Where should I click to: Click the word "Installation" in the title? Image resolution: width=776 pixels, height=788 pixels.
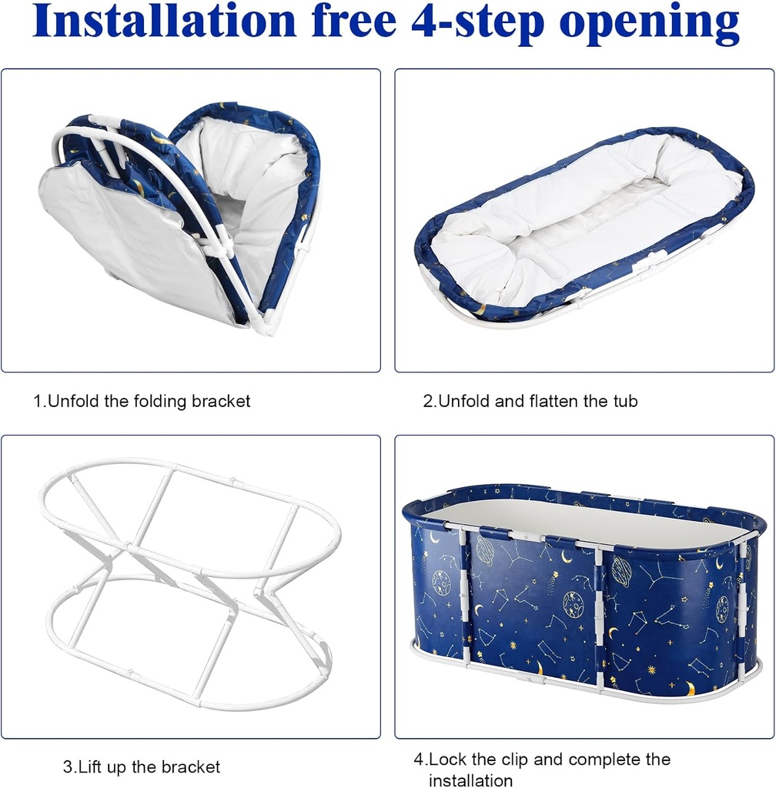(x=164, y=20)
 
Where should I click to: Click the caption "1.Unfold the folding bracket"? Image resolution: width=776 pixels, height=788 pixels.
(x=142, y=401)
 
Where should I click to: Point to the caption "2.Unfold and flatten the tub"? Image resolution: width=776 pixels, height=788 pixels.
(x=530, y=401)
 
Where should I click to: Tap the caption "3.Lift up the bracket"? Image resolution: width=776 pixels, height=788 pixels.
(x=141, y=767)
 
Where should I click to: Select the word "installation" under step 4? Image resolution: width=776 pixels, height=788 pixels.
(x=470, y=780)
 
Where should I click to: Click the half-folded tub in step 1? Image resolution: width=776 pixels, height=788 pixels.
(x=179, y=217)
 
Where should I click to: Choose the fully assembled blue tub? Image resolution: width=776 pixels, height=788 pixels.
(x=584, y=593)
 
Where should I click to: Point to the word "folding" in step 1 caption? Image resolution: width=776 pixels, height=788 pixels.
(x=161, y=402)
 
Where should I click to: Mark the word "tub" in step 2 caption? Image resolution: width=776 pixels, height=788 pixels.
(x=625, y=401)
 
